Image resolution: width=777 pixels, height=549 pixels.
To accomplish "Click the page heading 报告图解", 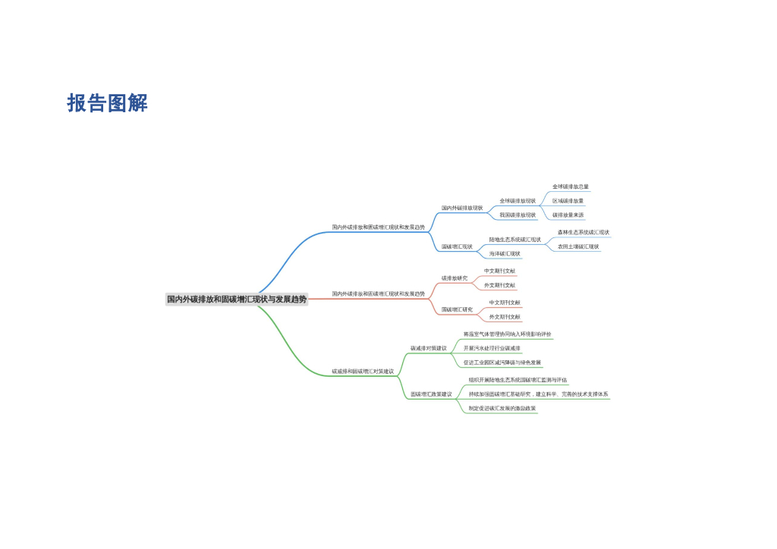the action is coord(107,103).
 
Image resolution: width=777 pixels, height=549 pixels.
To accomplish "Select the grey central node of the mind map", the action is coord(237,300).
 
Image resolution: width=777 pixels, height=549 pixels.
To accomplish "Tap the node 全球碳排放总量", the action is coord(571,187).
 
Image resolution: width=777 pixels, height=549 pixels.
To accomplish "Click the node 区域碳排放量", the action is coord(568,201).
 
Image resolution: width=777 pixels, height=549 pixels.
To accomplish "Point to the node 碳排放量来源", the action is coord(568,215).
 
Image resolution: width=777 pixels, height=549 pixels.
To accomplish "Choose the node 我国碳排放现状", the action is coord(517,215).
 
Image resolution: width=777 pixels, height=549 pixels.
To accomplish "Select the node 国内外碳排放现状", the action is coord(462,208).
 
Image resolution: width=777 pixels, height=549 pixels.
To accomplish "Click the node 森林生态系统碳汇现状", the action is coord(584,232).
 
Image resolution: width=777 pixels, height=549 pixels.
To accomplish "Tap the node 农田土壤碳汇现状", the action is coord(578,246).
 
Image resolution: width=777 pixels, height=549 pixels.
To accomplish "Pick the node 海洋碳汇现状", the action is coord(505,254).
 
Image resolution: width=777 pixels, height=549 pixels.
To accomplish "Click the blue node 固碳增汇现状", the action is coord(457,246).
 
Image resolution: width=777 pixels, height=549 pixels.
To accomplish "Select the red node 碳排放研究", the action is coord(455,278).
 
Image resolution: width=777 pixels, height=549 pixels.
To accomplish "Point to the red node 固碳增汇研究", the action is coord(457,309).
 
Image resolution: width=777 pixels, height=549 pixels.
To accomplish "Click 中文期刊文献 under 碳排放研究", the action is coord(499,271).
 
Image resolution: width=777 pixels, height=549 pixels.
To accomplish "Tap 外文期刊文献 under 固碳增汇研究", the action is coord(505,317).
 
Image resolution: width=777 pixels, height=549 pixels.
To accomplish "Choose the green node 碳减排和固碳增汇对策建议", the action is coord(363,372).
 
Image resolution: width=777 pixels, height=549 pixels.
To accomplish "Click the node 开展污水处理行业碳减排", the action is coord(492,349).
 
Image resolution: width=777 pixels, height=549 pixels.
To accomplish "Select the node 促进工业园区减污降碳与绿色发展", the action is coord(502,363).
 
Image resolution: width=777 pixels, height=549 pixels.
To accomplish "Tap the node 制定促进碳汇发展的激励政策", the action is coord(502,409).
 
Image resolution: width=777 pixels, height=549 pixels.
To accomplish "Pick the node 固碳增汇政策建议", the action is coord(431,394).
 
